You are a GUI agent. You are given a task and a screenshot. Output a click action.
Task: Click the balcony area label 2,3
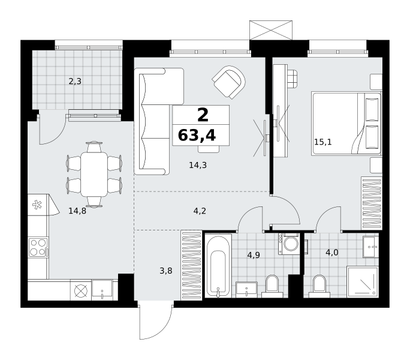(x=75, y=82)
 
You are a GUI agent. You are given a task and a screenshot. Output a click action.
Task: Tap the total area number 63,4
(x=197, y=136)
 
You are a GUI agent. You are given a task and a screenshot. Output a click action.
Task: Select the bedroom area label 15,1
(x=322, y=142)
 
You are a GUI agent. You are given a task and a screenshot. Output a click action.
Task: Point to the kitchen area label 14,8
(x=77, y=211)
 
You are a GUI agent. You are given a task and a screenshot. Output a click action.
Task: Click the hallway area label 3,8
(x=166, y=271)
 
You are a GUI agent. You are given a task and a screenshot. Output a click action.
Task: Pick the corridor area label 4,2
(x=200, y=211)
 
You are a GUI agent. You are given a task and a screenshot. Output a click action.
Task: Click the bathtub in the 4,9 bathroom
(x=218, y=266)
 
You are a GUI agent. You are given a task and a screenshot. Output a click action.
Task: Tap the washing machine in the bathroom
(x=289, y=244)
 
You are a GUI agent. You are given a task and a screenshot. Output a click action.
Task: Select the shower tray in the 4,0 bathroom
(x=363, y=282)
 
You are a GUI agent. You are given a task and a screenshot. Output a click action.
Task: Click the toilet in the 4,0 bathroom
(x=318, y=286)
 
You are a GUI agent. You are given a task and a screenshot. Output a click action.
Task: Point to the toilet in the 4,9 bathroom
(x=272, y=286)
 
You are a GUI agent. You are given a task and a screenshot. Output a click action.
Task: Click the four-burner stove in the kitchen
(x=38, y=247)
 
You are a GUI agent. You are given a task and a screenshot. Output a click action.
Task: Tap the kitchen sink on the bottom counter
(x=103, y=290)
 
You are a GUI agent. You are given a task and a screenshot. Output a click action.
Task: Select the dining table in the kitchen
(x=94, y=174)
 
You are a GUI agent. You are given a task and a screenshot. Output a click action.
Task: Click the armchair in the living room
(x=229, y=82)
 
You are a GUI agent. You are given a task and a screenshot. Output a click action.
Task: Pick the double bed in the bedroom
(x=346, y=123)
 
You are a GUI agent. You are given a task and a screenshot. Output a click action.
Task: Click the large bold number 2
(x=203, y=115)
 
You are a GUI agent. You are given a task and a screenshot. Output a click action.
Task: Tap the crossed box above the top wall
(x=271, y=30)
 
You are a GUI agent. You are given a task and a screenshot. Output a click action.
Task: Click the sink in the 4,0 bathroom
(x=371, y=247)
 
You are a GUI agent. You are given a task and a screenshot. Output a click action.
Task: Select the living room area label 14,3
(x=198, y=165)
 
